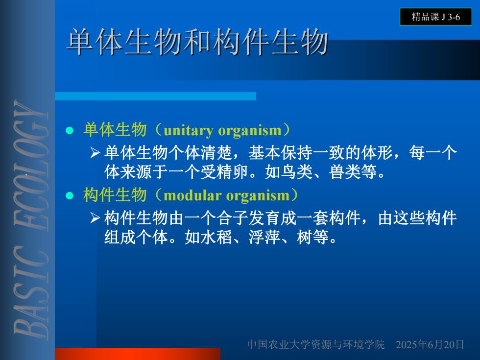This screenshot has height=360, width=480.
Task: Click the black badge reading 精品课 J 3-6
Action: tap(435, 17)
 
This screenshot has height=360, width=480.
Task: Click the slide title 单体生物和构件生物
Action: tap(197, 42)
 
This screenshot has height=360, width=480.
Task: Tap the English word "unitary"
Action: tap(189, 130)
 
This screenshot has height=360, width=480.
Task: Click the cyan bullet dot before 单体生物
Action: tap(70, 130)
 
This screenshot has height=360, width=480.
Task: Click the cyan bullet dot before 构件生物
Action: tap(70, 195)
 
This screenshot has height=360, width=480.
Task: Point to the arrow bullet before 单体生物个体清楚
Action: tap(95, 152)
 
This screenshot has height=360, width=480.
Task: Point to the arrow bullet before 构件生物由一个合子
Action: tap(95, 217)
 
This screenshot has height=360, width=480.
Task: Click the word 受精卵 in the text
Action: tap(224, 172)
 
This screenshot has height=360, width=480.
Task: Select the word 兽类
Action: tap(344, 172)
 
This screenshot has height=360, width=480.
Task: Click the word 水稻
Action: tap(216, 237)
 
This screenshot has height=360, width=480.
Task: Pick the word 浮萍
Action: tap(264, 237)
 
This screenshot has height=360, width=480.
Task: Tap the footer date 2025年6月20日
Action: tap(430, 345)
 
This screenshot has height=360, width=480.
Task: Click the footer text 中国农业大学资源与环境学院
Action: tap(316, 345)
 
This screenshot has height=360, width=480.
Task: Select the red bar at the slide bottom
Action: tap(138, 354)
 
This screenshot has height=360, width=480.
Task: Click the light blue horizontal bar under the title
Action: tap(156, 96)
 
